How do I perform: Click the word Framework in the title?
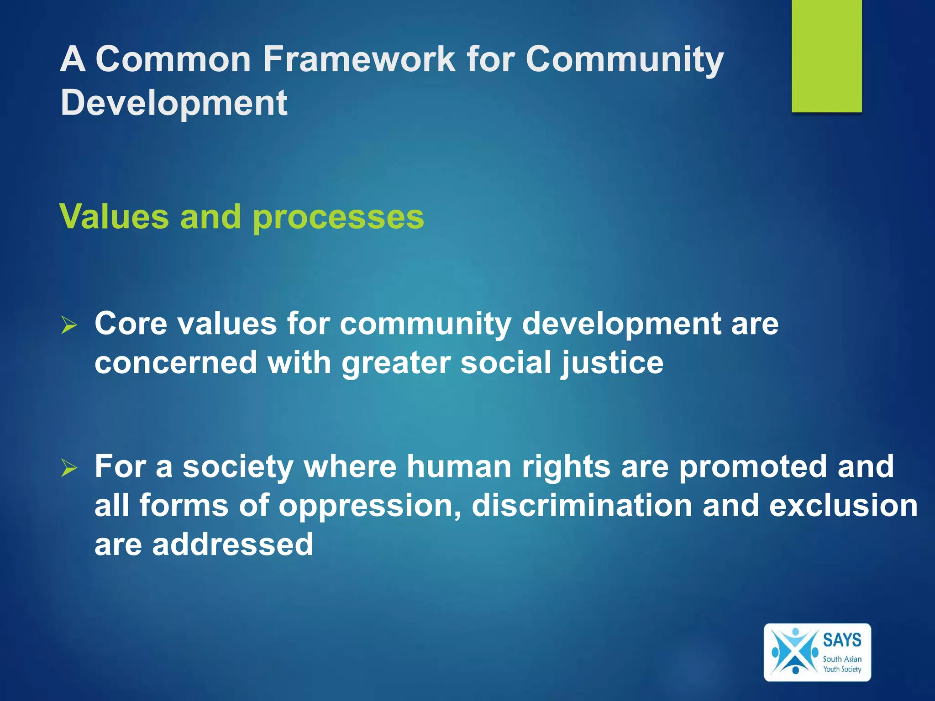pos(359,59)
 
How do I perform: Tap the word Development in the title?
pos(174,102)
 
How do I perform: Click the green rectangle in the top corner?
pos(826,56)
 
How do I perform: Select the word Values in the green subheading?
pos(115,217)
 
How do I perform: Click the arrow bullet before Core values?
pos(69,325)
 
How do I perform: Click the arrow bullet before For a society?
pos(69,468)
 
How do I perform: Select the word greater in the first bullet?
pos(396,363)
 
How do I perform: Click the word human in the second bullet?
pos(459,466)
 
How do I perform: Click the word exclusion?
pos(843,506)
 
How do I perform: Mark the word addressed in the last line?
pos(233,544)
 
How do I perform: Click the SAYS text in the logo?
pos(842,640)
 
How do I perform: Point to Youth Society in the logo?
pos(842,669)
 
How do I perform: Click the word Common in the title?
pos(173,59)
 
